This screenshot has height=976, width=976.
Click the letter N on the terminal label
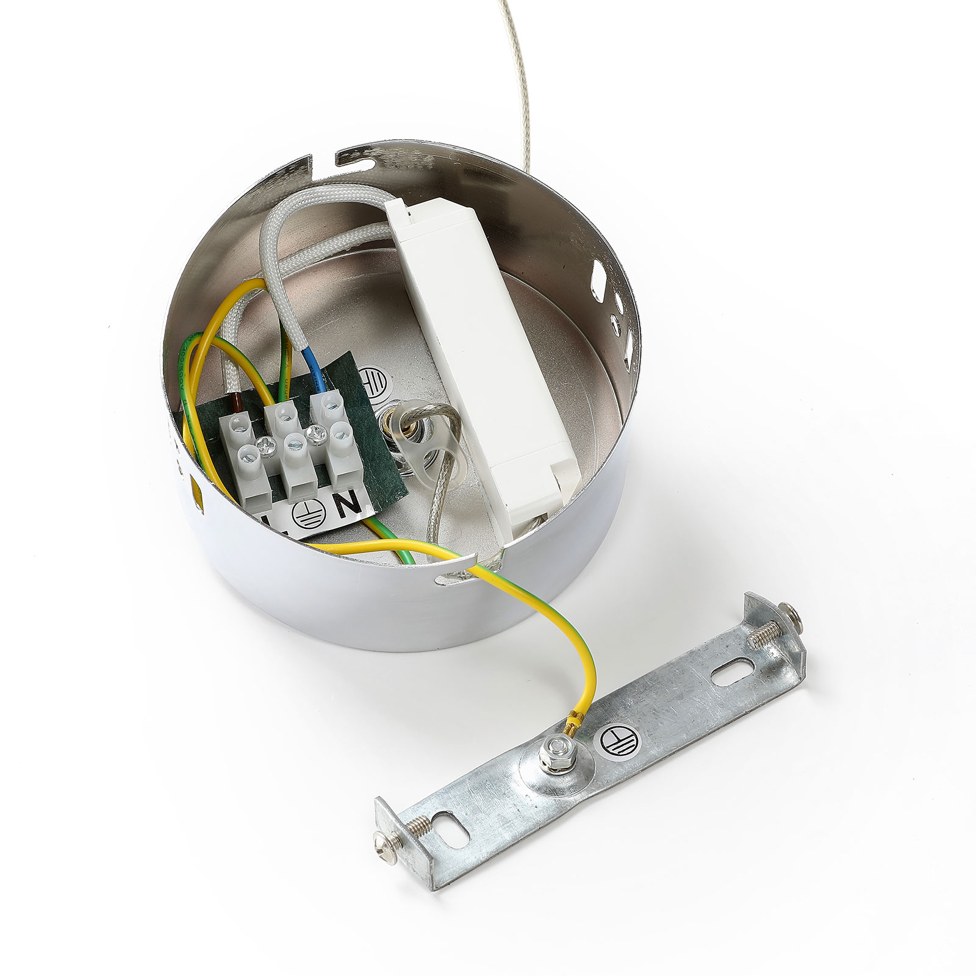pos(351,505)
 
